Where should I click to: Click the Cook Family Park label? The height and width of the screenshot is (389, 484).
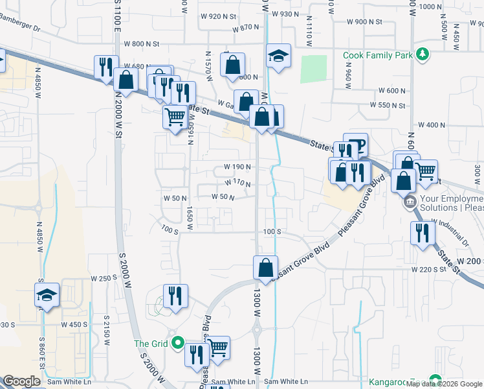pos(377,56)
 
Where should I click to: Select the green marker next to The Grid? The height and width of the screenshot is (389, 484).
pos(179,344)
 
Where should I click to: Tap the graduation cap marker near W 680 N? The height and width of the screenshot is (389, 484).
pos(278,56)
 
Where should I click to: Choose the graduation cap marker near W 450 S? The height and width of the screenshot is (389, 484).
pos(47,295)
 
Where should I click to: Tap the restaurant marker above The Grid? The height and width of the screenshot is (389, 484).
pos(175,296)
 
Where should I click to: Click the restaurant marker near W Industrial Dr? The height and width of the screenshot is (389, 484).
pos(423,233)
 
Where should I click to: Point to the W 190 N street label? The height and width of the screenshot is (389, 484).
pos(237,167)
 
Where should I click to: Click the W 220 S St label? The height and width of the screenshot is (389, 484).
pos(428,269)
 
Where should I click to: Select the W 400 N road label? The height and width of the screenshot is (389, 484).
pos(432,125)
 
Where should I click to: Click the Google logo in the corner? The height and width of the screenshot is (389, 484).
pos(21,382)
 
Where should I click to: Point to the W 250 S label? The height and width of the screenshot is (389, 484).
pos(104,278)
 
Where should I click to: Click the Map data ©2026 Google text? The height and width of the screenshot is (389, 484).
pos(445,384)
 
